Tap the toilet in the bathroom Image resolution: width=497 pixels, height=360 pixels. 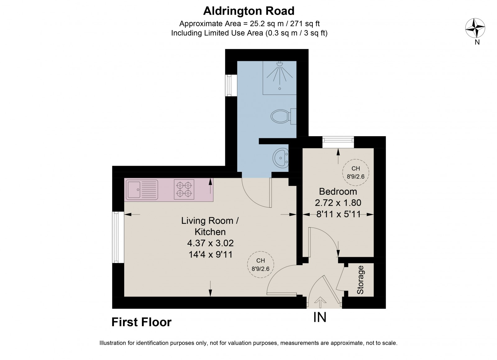point(280,117)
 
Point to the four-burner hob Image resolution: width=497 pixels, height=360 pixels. point(184,189)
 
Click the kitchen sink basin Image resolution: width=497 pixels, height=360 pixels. point(134,190)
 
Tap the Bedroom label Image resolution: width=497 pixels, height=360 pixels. point(338,191)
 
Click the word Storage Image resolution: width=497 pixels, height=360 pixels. point(360,280)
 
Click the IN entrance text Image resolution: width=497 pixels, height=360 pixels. point(320,317)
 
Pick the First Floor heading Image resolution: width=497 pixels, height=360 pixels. point(141,322)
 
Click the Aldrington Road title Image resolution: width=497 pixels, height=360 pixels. point(248,11)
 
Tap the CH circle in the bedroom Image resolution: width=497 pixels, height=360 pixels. point(355,172)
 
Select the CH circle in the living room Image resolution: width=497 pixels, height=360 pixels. point(260,264)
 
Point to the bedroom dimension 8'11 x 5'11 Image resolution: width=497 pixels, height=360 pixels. point(338,214)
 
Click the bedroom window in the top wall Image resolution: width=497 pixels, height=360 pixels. point(338,142)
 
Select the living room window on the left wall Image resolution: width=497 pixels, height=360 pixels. point(118,237)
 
